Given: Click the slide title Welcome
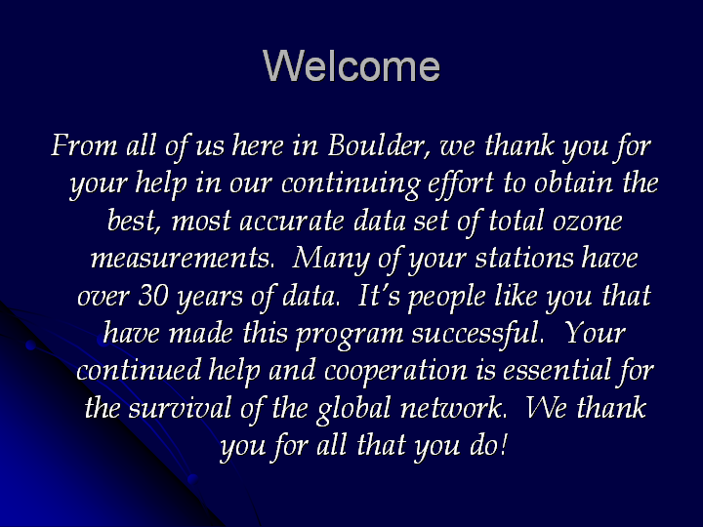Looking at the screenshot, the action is pyautogui.click(x=351, y=65).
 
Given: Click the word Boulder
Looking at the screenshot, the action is pyautogui.click(x=379, y=145).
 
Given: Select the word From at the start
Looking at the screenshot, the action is pyautogui.click(x=84, y=145).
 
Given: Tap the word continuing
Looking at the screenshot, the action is pyautogui.click(x=351, y=184).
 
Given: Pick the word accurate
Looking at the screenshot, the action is pyautogui.click(x=292, y=222).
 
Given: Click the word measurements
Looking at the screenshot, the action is pyautogui.click(x=182, y=259).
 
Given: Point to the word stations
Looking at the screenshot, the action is pyautogui.click(x=524, y=259).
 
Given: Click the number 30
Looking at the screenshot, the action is pyautogui.click(x=153, y=296).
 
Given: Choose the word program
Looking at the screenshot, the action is pyautogui.click(x=350, y=336).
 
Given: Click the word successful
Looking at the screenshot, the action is pyautogui.click(x=478, y=335).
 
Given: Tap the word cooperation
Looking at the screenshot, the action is pyautogui.click(x=395, y=372).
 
